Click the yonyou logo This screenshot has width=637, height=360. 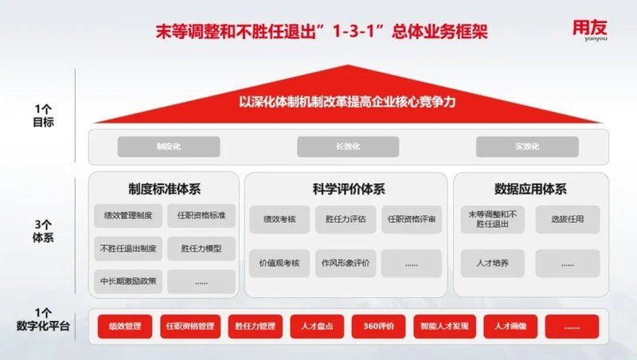591,30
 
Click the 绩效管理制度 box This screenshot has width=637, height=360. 128,216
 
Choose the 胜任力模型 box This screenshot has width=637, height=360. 201,248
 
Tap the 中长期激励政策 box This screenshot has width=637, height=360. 128,281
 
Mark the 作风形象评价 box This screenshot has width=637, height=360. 346,263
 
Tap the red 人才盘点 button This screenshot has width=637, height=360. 307,327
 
